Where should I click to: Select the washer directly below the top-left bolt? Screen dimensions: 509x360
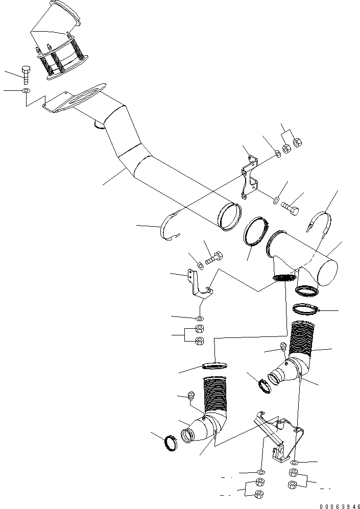click(26, 91)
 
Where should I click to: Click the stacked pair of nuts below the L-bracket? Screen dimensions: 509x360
click(200, 335)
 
